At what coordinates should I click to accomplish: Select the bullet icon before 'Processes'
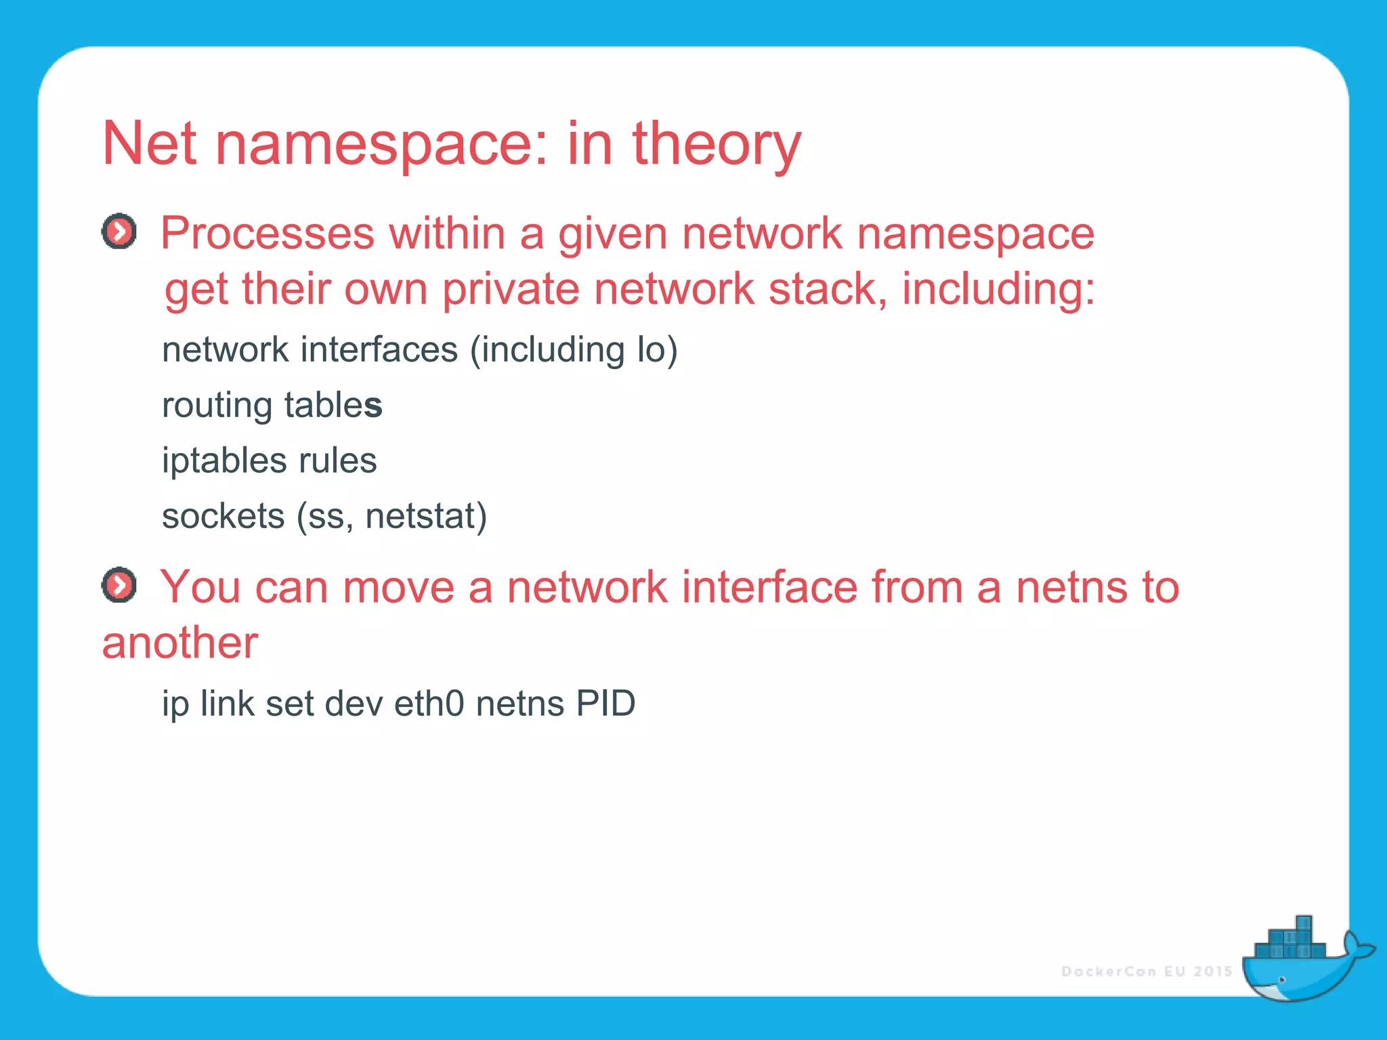coord(119,232)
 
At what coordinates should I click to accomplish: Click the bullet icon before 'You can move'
coord(119,585)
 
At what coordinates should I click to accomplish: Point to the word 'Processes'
coord(267,234)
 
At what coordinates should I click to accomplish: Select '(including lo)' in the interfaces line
coord(574,351)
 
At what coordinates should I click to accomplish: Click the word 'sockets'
coord(223,517)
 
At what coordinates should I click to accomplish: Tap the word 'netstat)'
coord(426,517)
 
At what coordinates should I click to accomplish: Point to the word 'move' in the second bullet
coord(398,587)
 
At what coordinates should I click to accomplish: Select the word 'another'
coord(179,643)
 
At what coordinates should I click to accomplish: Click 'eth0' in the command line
coord(429,704)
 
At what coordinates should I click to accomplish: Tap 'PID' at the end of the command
coord(605,704)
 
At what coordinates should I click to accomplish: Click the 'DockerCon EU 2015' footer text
coord(1147,972)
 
